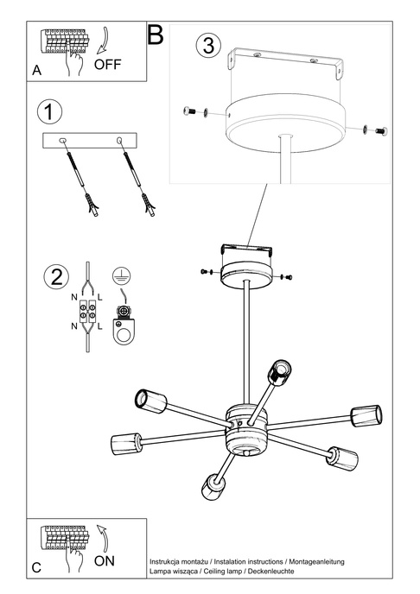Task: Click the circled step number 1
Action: tap(51, 112)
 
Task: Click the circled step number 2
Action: tap(55, 277)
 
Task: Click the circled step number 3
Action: tap(207, 45)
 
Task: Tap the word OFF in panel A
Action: tap(109, 64)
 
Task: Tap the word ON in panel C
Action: tap(104, 560)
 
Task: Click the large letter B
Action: tap(156, 35)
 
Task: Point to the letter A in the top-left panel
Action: tap(36, 73)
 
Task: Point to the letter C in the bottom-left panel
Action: tap(36, 568)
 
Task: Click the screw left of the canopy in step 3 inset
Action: tap(193, 111)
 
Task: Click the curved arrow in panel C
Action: tap(101, 534)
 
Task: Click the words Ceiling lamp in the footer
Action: tap(226, 572)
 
